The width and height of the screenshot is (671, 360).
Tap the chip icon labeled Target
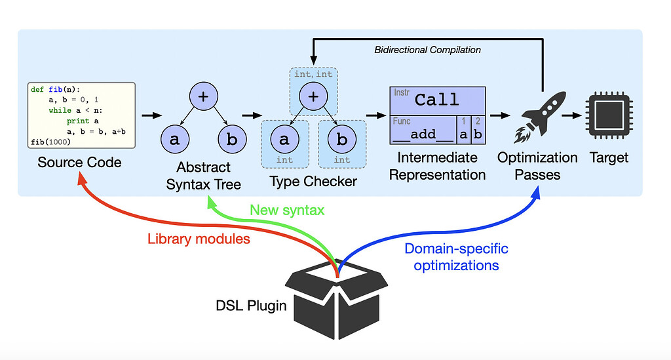pos(608,115)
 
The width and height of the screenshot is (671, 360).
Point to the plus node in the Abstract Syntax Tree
pos(203,96)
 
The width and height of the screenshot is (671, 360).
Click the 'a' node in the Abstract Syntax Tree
pos(175,140)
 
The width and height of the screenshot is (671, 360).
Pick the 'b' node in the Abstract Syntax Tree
pos(232,140)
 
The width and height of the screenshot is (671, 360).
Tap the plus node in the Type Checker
pos(313,96)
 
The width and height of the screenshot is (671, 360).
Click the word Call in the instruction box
pos(437,100)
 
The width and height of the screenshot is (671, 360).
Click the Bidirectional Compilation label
pos(428,50)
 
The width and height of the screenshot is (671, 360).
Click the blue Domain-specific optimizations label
pos(456,257)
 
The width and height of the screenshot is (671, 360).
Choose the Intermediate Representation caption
pos(436,166)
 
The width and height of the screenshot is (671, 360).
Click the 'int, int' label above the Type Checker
pos(313,74)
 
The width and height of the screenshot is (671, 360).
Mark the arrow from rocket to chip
pos(571,115)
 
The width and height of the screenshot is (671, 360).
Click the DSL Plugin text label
pos(251,305)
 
